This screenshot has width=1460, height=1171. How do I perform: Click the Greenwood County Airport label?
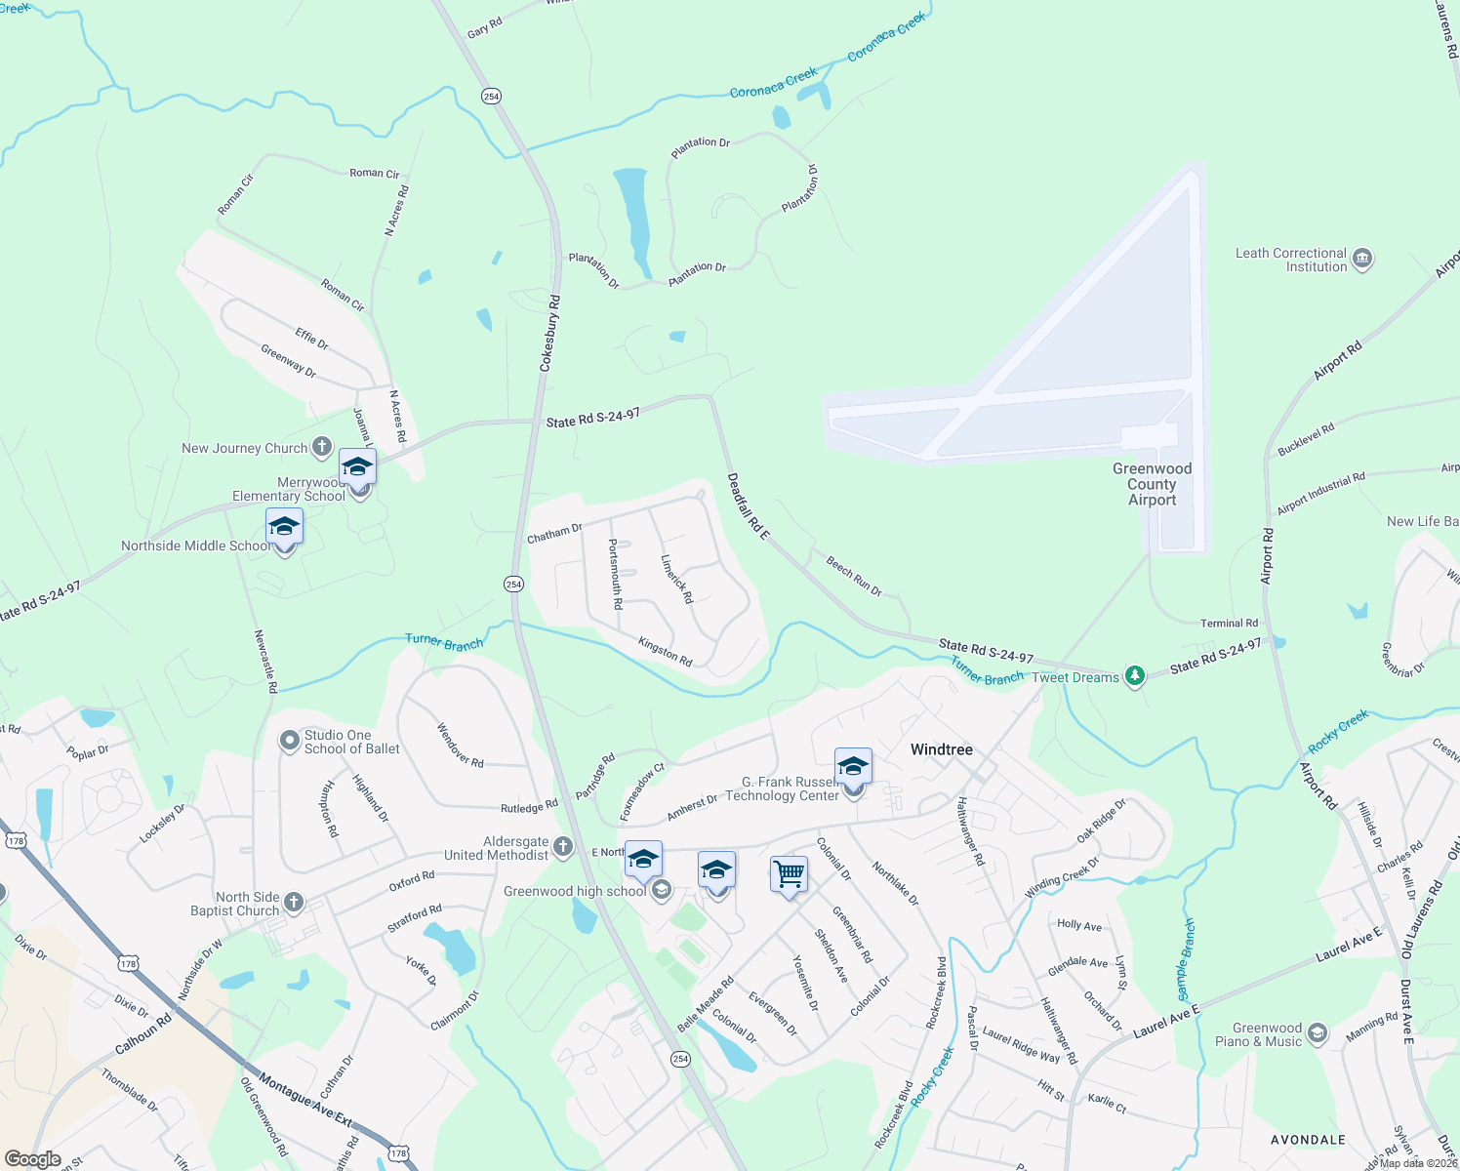(1152, 484)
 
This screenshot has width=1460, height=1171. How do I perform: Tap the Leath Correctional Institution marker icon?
(1362, 260)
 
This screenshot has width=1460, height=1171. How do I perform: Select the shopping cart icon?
(789, 872)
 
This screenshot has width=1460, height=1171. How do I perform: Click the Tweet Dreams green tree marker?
(1134, 675)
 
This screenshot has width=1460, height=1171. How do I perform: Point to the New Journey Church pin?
(322, 448)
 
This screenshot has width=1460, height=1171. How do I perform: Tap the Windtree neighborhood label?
(941, 749)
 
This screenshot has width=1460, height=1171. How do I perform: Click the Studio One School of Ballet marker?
(289, 742)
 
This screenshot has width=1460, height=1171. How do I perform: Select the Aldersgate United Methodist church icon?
(563, 847)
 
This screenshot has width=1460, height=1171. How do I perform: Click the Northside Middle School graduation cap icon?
(284, 527)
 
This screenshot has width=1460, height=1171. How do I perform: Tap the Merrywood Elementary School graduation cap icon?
(357, 466)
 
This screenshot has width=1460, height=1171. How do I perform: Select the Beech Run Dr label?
(854, 576)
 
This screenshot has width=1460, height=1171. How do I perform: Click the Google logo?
(33, 1159)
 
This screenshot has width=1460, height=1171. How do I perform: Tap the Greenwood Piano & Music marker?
(1318, 1034)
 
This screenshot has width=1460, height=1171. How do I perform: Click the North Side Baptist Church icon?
(294, 903)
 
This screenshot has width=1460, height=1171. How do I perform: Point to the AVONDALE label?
(1308, 1140)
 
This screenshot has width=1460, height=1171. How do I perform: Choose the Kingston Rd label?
(665, 652)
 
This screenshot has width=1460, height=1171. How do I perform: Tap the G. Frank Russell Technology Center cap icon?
(852, 767)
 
